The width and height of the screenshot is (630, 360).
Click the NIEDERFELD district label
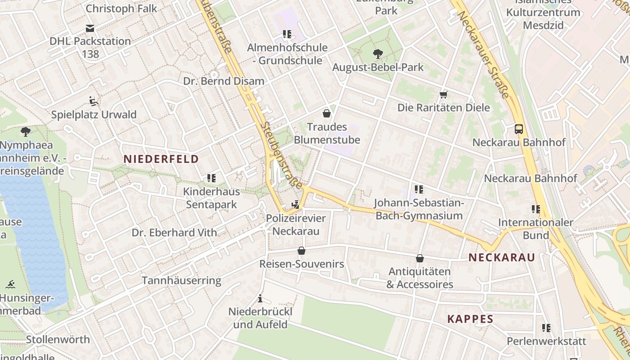click(161, 159)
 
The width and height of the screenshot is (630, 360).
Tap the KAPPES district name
click(470, 319)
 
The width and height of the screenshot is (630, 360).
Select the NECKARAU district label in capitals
click(502, 257)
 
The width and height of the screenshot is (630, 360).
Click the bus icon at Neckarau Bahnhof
click(519, 129)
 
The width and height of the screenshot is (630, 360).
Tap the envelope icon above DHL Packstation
click(90, 28)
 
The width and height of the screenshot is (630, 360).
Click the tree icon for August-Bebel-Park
click(378, 54)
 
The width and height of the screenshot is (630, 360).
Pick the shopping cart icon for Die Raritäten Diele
click(444, 94)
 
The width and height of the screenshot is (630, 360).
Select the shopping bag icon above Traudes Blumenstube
click(327, 113)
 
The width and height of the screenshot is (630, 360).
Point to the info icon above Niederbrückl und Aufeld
click(260, 298)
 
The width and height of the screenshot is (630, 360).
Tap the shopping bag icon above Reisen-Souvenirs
click(301, 251)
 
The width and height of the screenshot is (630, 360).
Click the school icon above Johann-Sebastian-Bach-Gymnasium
click(419, 189)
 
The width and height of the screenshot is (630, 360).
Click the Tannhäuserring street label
click(181, 281)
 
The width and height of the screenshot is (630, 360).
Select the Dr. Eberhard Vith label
click(174, 233)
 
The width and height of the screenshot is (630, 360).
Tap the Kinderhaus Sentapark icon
click(211, 178)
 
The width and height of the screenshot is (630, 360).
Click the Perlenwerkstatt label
click(546, 341)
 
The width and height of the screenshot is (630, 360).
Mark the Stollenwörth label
click(58, 339)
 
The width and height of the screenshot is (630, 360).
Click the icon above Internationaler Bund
click(535, 209)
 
